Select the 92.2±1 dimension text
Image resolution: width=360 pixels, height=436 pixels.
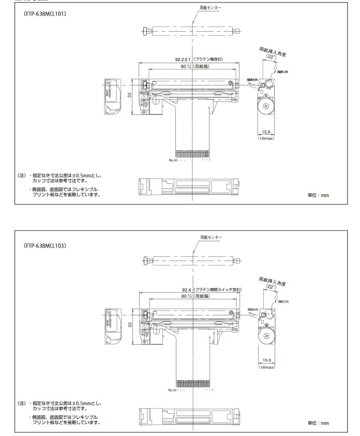pyautogui.click(x=184, y=60)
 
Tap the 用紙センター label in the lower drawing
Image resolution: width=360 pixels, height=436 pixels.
pyautogui.click(x=211, y=237)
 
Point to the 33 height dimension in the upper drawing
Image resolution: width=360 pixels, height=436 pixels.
pyautogui.click(x=130, y=95)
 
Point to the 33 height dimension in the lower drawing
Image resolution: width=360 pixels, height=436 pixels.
pyautogui.click(x=130, y=325)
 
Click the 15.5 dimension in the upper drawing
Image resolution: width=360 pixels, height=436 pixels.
pyautogui.click(x=266, y=133)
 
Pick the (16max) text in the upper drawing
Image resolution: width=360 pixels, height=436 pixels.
pyautogui.click(x=266, y=139)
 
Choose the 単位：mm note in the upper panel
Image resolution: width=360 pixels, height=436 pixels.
pyautogui.click(x=318, y=195)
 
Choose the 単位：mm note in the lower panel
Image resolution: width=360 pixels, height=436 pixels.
pyautogui.click(x=318, y=423)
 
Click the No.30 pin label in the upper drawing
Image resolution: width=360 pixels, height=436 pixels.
pyautogui.click(x=173, y=160)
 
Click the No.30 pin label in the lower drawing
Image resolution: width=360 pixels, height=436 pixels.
pyautogui.click(x=173, y=389)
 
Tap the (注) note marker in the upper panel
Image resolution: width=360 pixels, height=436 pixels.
pyautogui.click(x=22, y=176)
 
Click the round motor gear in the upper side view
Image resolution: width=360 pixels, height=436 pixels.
pyautogui.click(x=266, y=107)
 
